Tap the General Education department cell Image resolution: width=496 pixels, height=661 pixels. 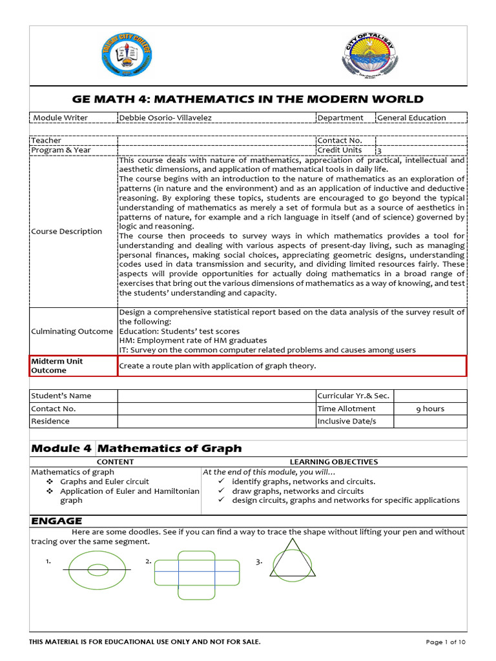(411, 117)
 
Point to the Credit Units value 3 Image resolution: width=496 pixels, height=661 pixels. (379, 150)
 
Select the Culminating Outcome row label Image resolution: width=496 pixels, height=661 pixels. (72, 331)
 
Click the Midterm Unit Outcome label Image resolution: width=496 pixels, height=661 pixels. (57, 365)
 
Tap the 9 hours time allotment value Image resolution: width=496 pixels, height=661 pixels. (429, 409)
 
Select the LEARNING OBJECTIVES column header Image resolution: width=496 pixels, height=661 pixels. (334, 462)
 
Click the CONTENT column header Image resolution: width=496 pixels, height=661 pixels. (115, 462)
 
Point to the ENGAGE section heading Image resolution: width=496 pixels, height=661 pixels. (57, 520)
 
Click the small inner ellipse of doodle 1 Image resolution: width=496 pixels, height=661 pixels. (98, 569)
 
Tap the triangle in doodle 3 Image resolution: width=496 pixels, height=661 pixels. (293, 560)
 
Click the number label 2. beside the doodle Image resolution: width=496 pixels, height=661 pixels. (149, 562)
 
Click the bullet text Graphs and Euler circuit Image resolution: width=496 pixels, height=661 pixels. (104, 482)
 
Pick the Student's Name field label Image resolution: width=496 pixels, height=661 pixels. (62, 396)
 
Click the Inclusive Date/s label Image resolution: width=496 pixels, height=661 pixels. (346, 421)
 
